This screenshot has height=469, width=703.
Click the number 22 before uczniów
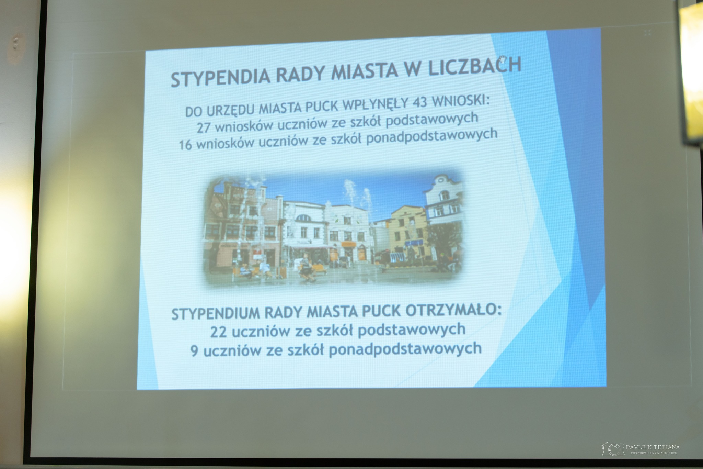[219, 333]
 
